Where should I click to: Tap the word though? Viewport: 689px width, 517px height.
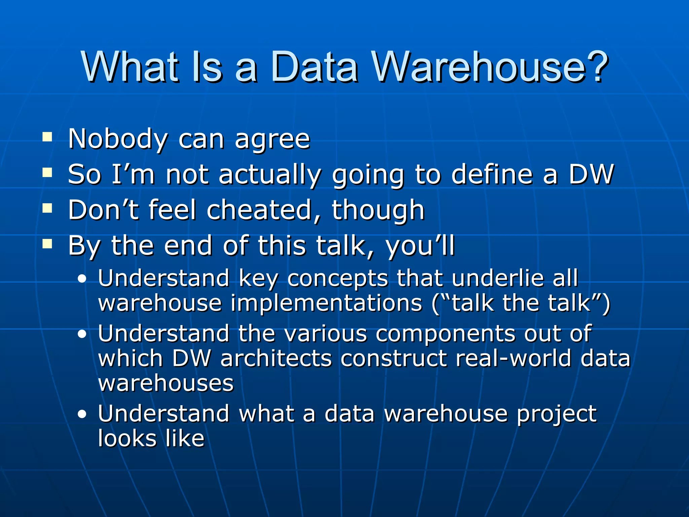click(x=378, y=211)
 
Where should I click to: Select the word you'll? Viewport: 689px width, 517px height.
click(x=420, y=246)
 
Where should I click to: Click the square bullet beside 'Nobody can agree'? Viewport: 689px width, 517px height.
click(x=47, y=137)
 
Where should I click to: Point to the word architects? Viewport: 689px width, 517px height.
click(x=276, y=358)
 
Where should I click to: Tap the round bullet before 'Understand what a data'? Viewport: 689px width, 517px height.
click(x=82, y=414)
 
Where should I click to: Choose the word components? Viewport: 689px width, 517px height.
click(x=445, y=335)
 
